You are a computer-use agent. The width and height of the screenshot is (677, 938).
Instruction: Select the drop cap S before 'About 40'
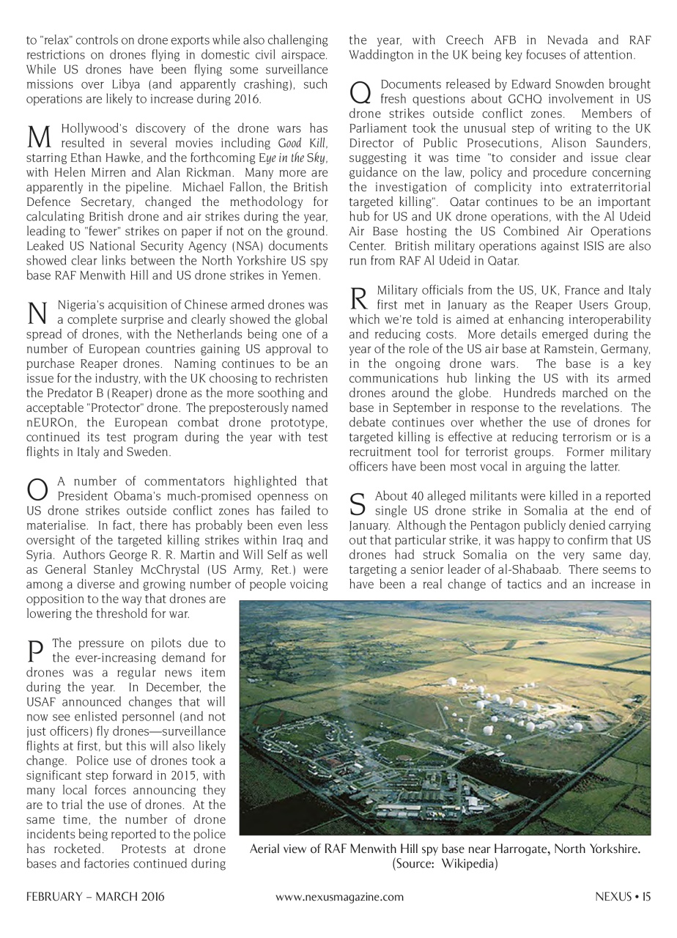click(x=358, y=504)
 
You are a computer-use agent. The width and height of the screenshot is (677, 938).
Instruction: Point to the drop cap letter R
click(x=358, y=298)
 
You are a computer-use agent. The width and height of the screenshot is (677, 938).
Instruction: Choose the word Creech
click(x=451, y=41)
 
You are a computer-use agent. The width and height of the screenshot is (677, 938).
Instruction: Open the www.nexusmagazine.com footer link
click(x=339, y=896)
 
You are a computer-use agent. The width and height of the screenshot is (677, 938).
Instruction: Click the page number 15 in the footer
click(x=645, y=896)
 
